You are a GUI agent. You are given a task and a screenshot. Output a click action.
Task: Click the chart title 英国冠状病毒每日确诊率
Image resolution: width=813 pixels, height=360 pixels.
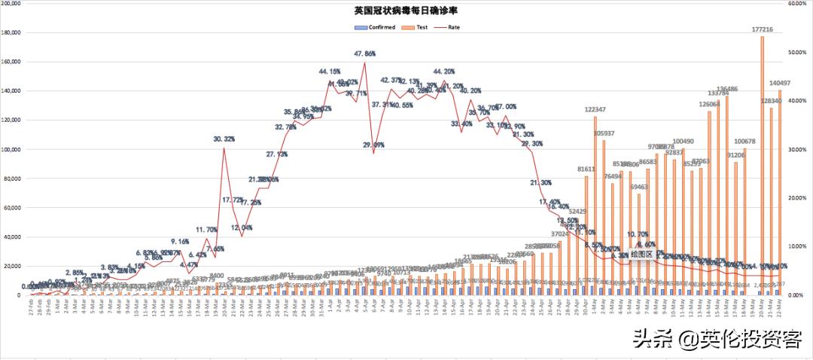tap(406, 11)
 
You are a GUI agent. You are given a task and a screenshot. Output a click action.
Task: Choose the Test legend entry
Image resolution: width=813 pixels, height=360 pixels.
tap(417, 27)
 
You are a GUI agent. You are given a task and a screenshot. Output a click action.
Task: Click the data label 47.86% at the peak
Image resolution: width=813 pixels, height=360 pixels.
tap(365, 54)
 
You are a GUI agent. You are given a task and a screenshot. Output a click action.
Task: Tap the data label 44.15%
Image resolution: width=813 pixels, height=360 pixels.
tap(330, 72)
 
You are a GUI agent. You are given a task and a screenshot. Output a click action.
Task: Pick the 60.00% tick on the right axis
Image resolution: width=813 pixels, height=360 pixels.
tap(797, 4)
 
